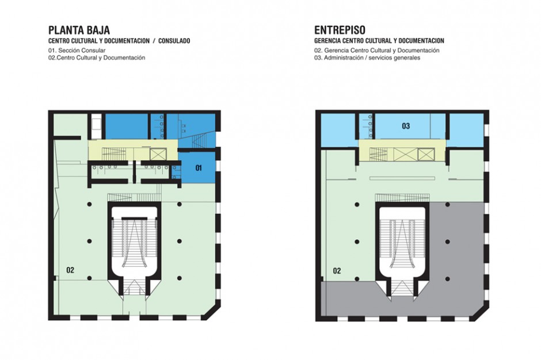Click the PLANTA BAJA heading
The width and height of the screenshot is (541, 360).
click(79, 30)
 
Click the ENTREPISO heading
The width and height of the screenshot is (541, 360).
click(340, 30)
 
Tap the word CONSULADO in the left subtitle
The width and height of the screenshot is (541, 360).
click(174, 41)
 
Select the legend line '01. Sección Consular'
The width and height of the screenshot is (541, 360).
click(77, 51)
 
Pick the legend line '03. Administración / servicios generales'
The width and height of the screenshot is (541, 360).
click(367, 58)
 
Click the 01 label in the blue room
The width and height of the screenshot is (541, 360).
click(199, 168)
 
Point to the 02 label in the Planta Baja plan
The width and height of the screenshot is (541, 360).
click(70, 270)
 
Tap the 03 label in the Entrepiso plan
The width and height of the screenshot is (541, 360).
click(406, 126)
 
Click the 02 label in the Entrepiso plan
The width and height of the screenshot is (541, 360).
click(337, 271)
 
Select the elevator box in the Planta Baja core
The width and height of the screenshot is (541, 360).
click(158, 154)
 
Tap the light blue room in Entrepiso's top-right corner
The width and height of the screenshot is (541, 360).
click(466, 130)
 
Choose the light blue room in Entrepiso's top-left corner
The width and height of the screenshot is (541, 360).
click(337, 130)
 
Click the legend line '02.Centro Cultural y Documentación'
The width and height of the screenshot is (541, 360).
click(97, 58)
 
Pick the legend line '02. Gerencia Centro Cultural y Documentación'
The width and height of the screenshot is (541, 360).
click(377, 51)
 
